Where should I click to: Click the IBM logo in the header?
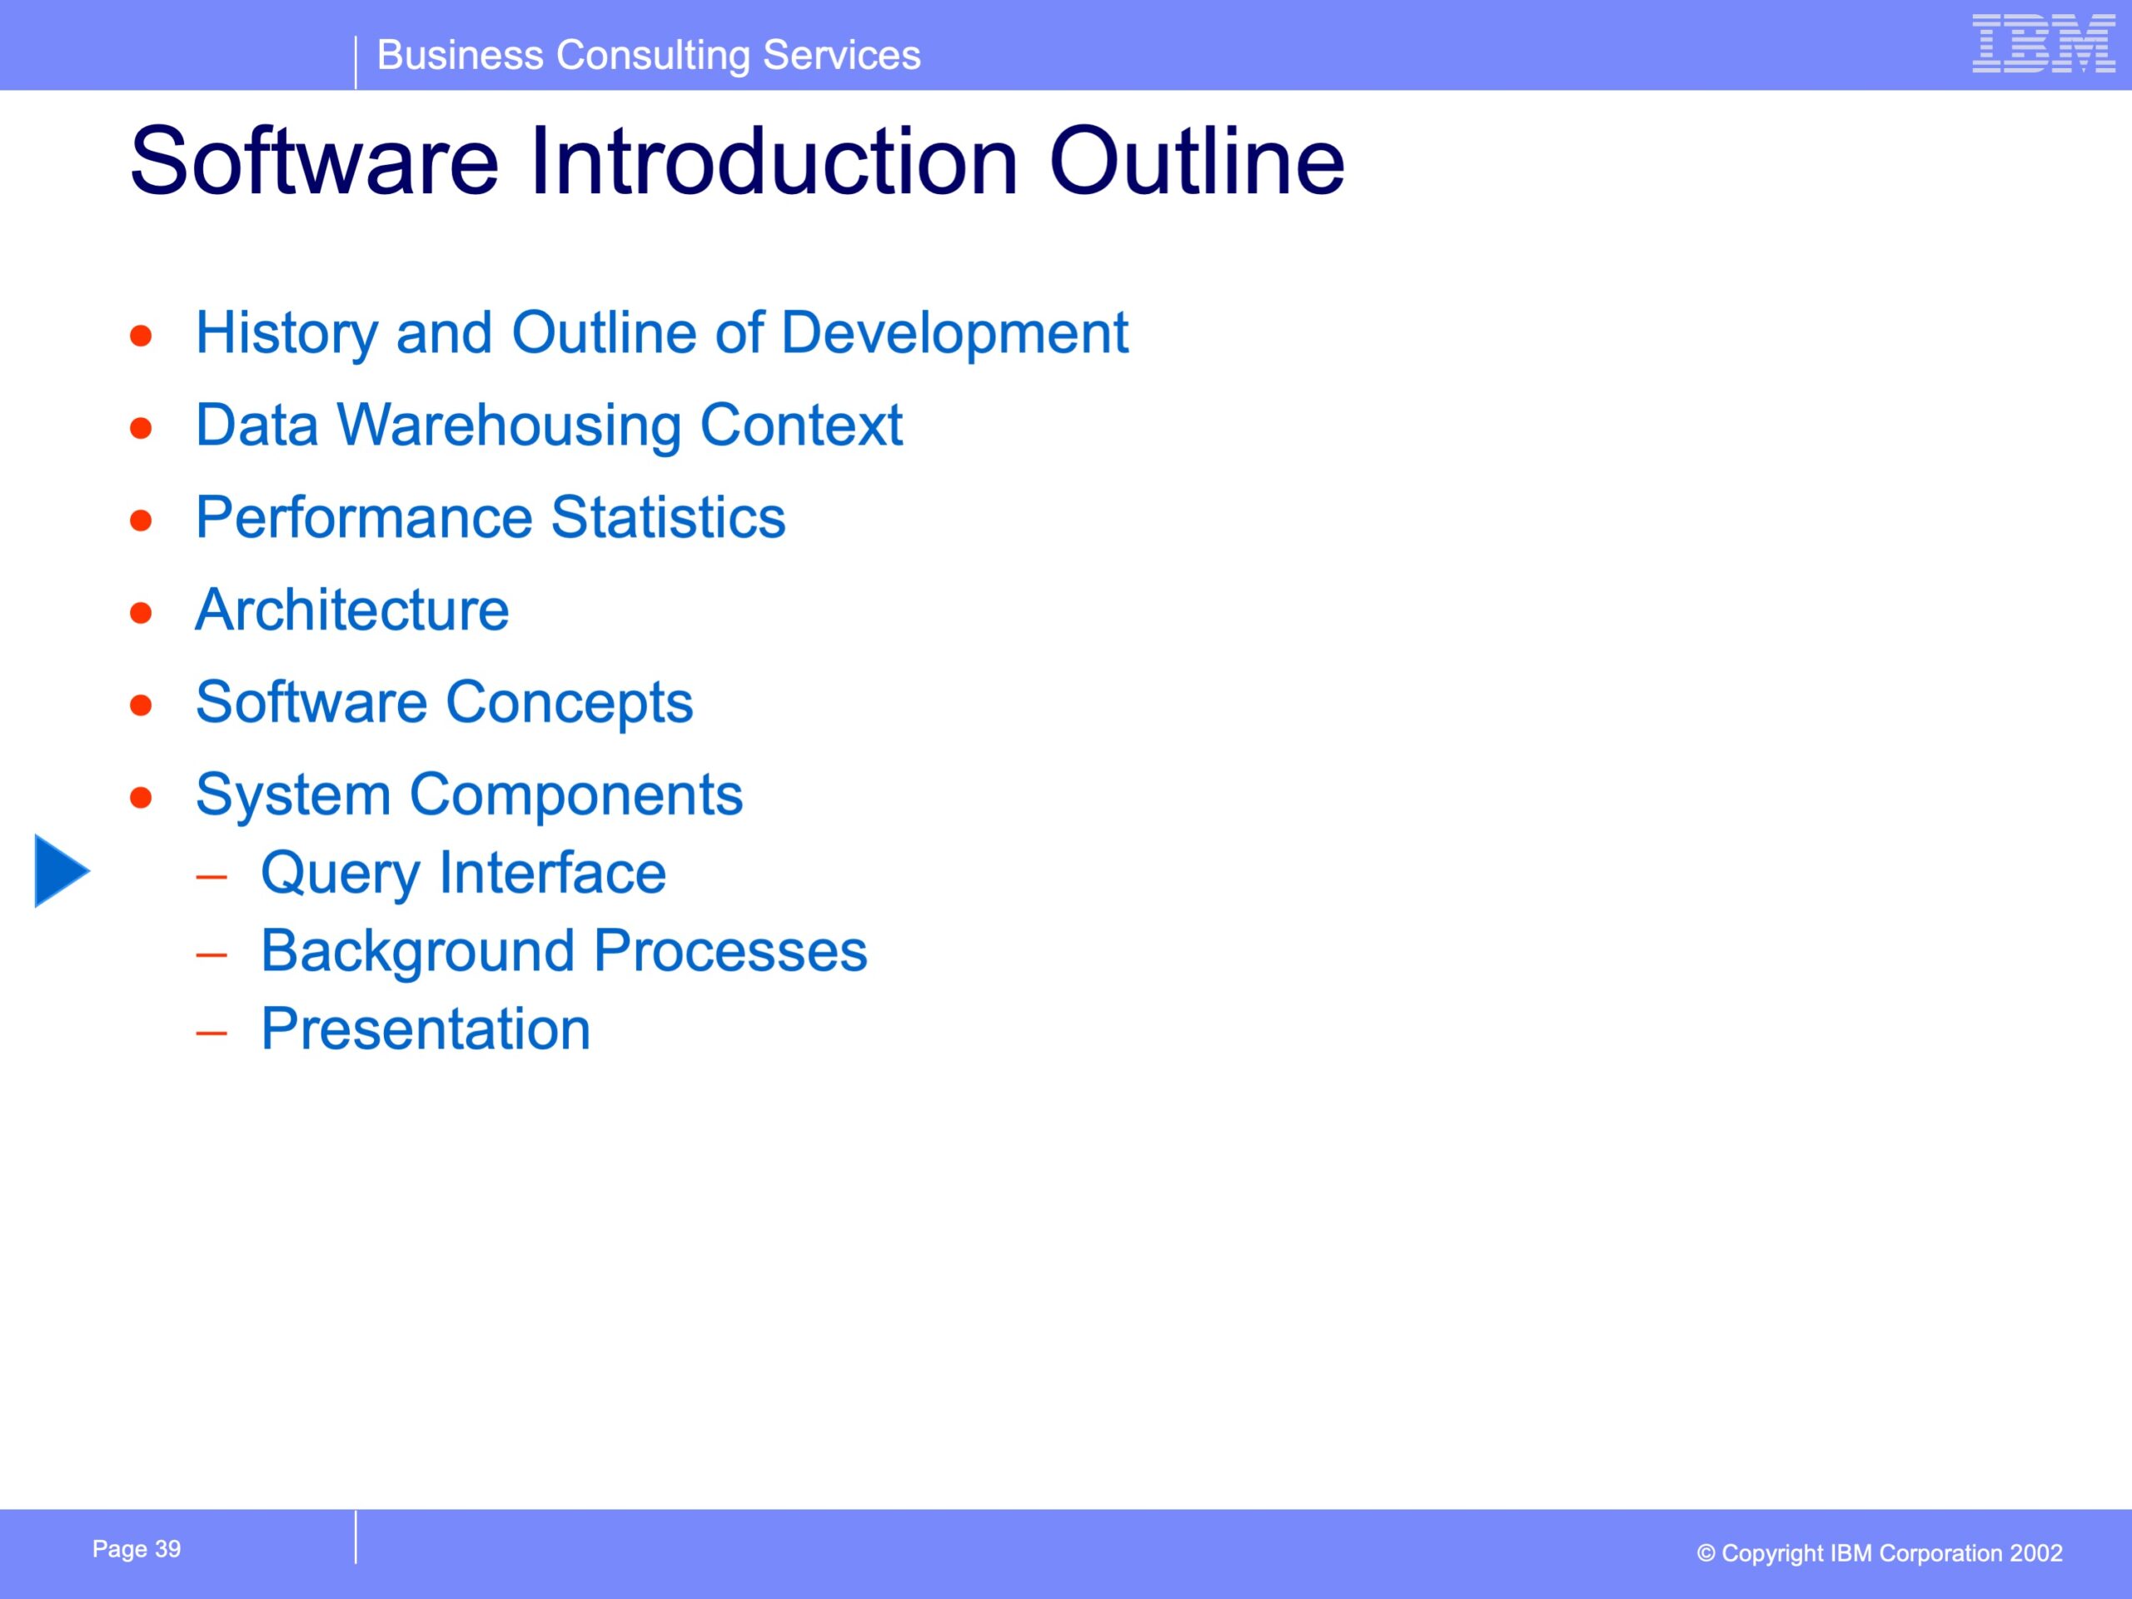pyautogui.click(x=2044, y=43)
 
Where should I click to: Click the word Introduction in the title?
pyautogui.click(x=774, y=161)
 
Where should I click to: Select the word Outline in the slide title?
pyautogui.click(x=1197, y=161)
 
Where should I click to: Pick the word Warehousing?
pyautogui.click(x=509, y=426)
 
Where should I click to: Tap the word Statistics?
pyautogui.click(x=668, y=517)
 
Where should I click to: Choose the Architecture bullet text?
pyautogui.click(x=351, y=610)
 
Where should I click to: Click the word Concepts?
pyautogui.click(x=570, y=704)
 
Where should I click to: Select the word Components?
pyautogui.click(x=576, y=796)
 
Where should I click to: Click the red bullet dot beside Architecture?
pyautogui.click(x=142, y=613)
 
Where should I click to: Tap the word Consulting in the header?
pyautogui.click(x=654, y=56)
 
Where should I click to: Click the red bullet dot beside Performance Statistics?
pyautogui.click(x=142, y=521)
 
